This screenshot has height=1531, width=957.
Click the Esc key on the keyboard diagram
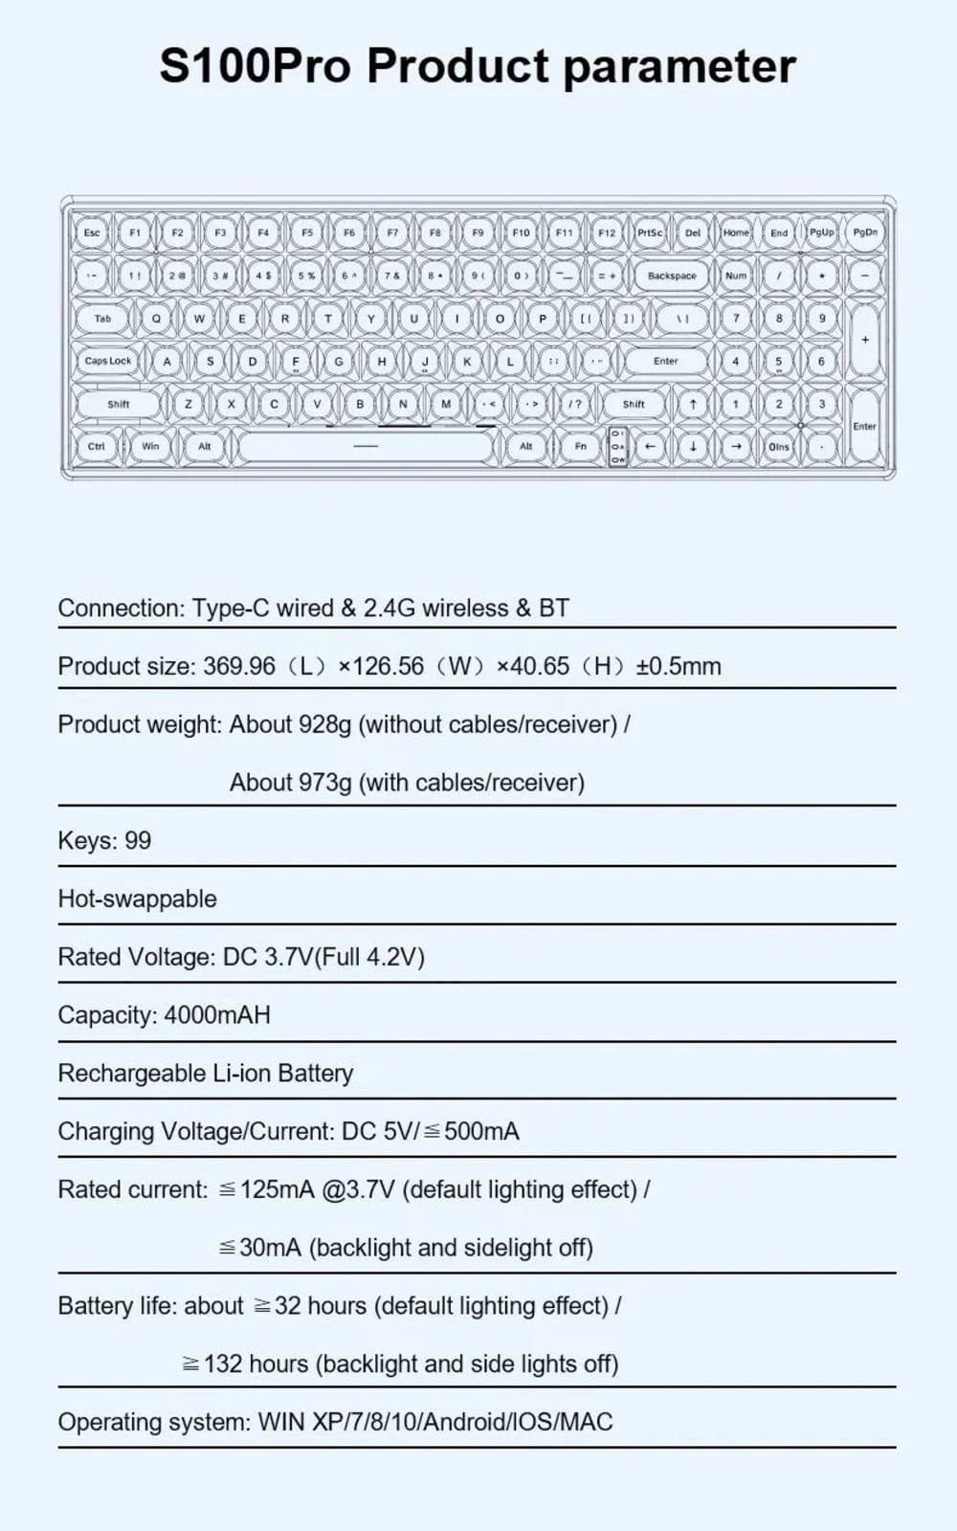tap(92, 233)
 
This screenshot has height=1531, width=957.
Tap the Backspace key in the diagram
tap(672, 276)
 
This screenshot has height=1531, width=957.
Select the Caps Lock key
tap(107, 361)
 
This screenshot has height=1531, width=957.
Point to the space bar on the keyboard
tap(366, 446)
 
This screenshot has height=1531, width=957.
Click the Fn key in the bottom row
tap(580, 446)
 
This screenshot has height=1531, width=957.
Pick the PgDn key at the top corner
tap(865, 233)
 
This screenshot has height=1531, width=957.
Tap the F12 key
tap(607, 233)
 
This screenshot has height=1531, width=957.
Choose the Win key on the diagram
tap(150, 446)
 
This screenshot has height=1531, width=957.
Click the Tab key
tap(102, 319)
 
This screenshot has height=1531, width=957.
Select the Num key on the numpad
tap(735, 276)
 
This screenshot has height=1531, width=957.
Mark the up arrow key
tap(693, 404)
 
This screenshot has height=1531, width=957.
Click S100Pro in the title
tap(255, 67)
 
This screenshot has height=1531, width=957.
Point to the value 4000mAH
tap(217, 1014)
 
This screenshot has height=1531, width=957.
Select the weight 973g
tap(324, 783)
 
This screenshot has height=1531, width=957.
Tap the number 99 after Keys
tap(138, 841)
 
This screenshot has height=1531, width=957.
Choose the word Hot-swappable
tap(137, 899)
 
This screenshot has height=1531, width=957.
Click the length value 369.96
tap(239, 666)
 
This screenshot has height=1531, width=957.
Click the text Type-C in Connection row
tap(231, 608)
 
